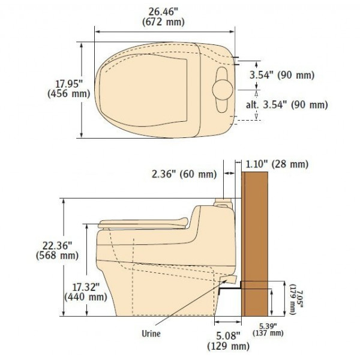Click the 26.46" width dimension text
163,12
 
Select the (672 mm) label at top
163,22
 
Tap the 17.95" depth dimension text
69,84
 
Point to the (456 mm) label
68,94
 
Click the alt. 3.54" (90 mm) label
287,105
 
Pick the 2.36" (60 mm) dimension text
184,174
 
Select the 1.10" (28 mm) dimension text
277,164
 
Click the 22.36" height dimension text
58,245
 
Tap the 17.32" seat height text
86,287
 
